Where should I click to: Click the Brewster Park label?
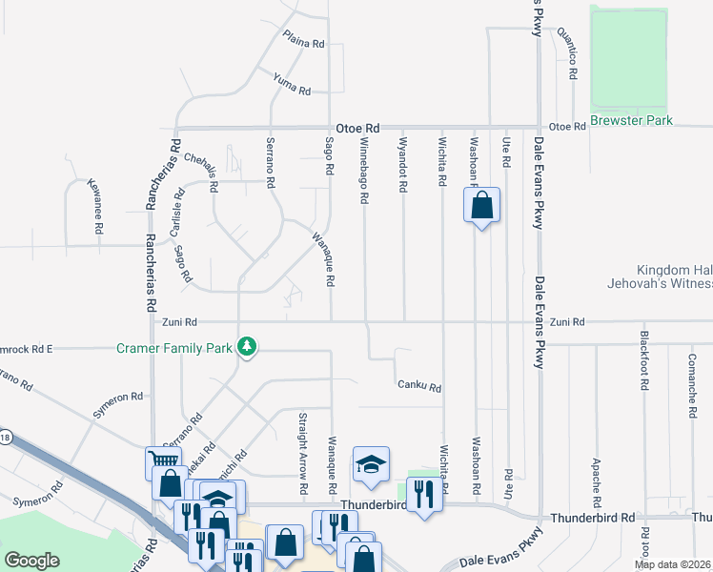pos(631,120)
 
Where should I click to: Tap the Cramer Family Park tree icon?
pos(248,347)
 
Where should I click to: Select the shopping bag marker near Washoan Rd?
pos(481,205)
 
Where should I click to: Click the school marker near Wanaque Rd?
pos(371,464)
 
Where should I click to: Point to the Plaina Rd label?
pos(304,39)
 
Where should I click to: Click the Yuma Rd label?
pos(292,84)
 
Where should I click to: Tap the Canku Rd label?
pos(419,387)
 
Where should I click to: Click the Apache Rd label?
pos(597,482)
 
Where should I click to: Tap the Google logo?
pos(31,561)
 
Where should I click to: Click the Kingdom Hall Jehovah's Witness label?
pos(661,277)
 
